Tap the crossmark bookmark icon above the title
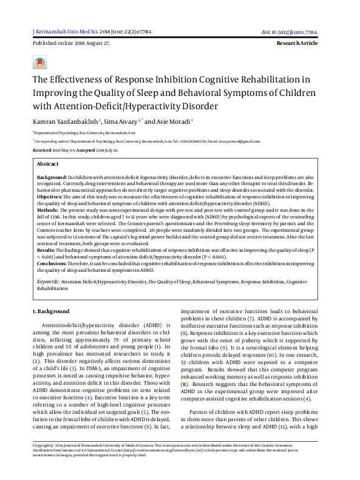41,63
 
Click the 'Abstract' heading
48,164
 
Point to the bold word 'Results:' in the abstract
47,249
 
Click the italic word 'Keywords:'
48,282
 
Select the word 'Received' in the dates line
42,149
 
